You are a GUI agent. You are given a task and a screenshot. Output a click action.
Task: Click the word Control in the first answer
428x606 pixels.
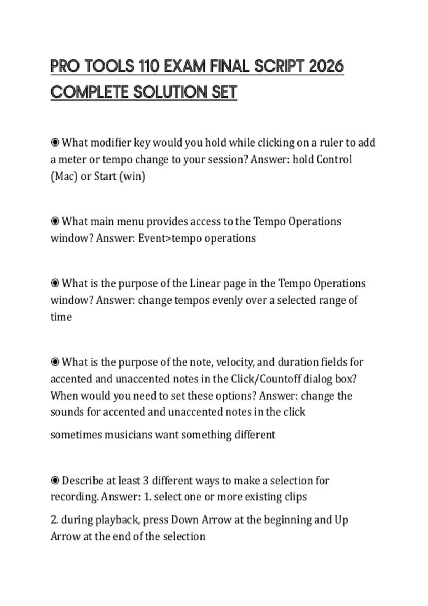[x=334, y=159]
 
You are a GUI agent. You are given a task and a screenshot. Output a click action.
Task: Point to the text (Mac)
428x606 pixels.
[x=64, y=176]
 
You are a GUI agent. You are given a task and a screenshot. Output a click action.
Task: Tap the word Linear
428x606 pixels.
[x=205, y=283]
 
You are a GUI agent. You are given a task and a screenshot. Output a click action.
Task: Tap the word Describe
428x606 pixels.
[x=83, y=481]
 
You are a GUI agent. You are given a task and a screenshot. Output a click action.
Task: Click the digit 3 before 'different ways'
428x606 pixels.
[x=146, y=481]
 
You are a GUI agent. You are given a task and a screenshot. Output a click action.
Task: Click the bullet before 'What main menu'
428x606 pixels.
[x=55, y=221]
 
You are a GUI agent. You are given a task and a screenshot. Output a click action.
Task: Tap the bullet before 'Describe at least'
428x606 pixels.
[x=55, y=481]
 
